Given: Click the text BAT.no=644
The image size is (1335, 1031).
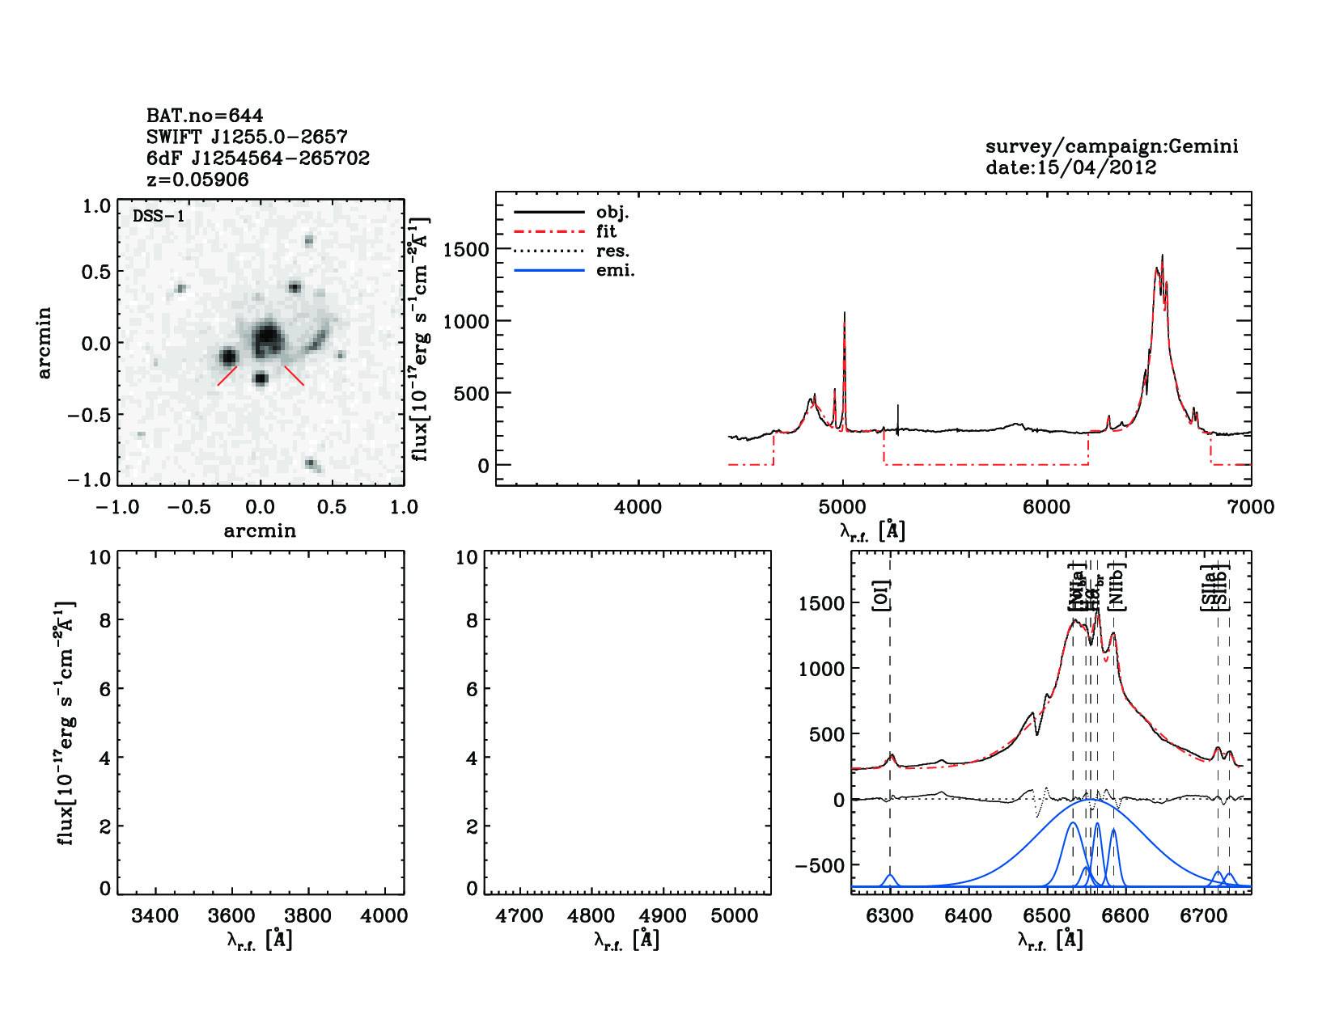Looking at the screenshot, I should tap(204, 116).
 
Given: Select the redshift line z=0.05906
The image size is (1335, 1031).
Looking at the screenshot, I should tap(197, 180).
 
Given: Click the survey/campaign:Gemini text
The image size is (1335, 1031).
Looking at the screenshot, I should tap(1111, 146).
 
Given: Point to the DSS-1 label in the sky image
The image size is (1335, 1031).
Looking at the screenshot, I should tap(159, 216).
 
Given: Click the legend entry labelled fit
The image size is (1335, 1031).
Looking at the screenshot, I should tap(606, 231).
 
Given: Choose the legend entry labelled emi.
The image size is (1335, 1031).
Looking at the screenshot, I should tap(615, 270).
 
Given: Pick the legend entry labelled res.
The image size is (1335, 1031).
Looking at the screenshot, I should tap(612, 251).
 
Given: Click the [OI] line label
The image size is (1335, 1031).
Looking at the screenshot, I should tap(880, 596).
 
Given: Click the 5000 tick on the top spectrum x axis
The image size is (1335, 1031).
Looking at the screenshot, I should tap(842, 507).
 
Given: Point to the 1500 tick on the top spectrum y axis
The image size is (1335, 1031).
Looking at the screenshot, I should tap(466, 250).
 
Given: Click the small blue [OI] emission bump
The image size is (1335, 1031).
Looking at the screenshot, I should tap(890, 878).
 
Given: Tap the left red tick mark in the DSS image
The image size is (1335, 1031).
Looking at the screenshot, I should tap(227, 376).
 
